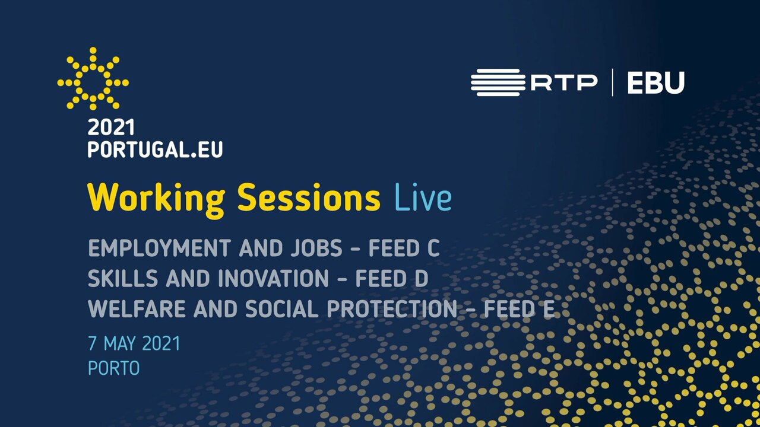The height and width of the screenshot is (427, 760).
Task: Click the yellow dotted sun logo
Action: pyautogui.click(x=93, y=79)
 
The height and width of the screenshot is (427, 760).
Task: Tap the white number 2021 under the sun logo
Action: pyautogui.click(x=111, y=128)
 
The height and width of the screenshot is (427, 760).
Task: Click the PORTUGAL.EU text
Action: pyautogui.click(x=155, y=149)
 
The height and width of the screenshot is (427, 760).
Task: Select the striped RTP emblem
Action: pyautogui.click(x=498, y=82)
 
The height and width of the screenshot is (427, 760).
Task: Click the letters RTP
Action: pyautogui.click(x=564, y=82)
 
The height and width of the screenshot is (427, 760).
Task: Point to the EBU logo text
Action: pyautogui.click(x=656, y=82)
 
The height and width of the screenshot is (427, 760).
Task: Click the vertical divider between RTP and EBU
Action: pyautogui.click(x=612, y=82)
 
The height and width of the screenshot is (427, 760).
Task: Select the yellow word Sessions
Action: pyautogui.click(x=309, y=197)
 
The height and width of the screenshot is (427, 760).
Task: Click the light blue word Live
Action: pyautogui.click(x=423, y=197)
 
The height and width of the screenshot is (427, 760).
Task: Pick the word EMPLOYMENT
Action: pyautogui.click(x=160, y=248)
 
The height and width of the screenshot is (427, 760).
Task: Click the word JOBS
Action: pyautogui.click(x=316, y=248)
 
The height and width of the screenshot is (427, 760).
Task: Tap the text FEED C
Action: pyautogui.click(x=404, y=248)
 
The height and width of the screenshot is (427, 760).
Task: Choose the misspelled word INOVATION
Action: pyautogui.click(x=273, y=278)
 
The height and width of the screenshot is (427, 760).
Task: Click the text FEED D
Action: pyautogui.click(x=391, y=278)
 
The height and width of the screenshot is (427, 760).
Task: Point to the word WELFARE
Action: pyautogui.click(x=137, y=309)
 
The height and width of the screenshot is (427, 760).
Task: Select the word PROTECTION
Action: pyautogui.click(x=392, y=309)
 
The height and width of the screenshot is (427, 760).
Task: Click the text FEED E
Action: pyautogui.click(x=519, y=309)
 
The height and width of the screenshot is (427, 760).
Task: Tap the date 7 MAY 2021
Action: pyautogui.click(x=134, y=343)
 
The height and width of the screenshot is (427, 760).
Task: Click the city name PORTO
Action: pyautogui.click(x=113, y=368)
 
